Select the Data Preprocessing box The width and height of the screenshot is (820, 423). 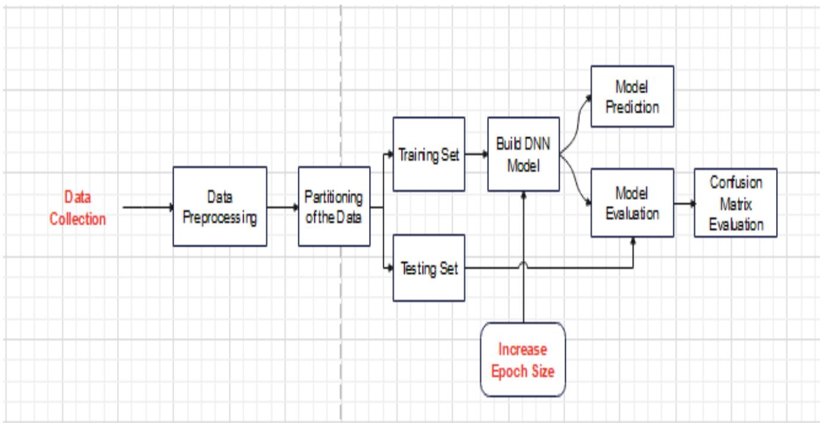pos(220,206)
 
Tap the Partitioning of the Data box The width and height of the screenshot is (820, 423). pos(334,206)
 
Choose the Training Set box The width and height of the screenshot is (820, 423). pos(427,155)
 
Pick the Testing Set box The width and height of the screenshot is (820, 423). pos(427,268)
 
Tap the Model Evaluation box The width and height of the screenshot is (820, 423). pos(632,204)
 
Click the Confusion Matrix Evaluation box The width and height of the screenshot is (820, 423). pos(736,203)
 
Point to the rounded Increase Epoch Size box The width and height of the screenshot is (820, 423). pos(522,360)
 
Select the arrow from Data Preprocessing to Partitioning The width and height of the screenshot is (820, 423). pos(282,207)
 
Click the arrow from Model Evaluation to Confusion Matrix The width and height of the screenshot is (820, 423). pos(683,204)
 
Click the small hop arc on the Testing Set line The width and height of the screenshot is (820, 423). pos(523,265)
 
